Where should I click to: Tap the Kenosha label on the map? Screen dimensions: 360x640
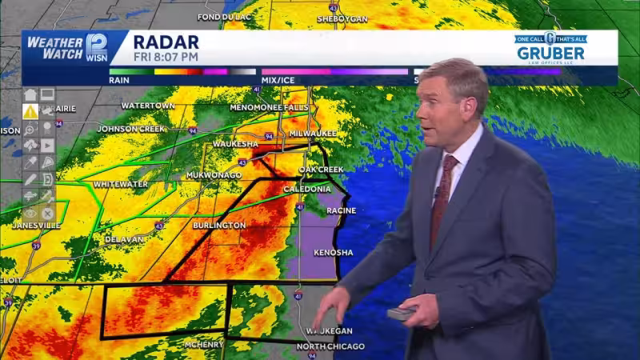click(x=333, y=252)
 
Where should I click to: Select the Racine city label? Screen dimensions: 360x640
click(x=341, y=210)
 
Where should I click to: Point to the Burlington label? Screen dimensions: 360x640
click(x=218, y=226)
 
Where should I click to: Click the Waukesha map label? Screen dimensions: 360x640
click(x=234, y=143)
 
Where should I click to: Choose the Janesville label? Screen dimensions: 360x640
click(x=36, y=226)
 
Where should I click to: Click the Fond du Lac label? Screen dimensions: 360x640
click(x=225, y=17)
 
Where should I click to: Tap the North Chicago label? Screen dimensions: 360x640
click(x=330, y=346)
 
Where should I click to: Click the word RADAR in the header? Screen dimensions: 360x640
click(x=166, y=42)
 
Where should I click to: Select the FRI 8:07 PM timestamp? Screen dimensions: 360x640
click(x=166, y=58)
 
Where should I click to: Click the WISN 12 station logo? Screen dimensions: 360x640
click(x=95, y=46)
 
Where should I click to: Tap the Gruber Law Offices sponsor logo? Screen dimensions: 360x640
click(x=550, y=48)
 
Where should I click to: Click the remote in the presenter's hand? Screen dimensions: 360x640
click(x=402, y=313)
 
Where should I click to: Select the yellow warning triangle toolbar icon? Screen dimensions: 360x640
click(x=30, y=111)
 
